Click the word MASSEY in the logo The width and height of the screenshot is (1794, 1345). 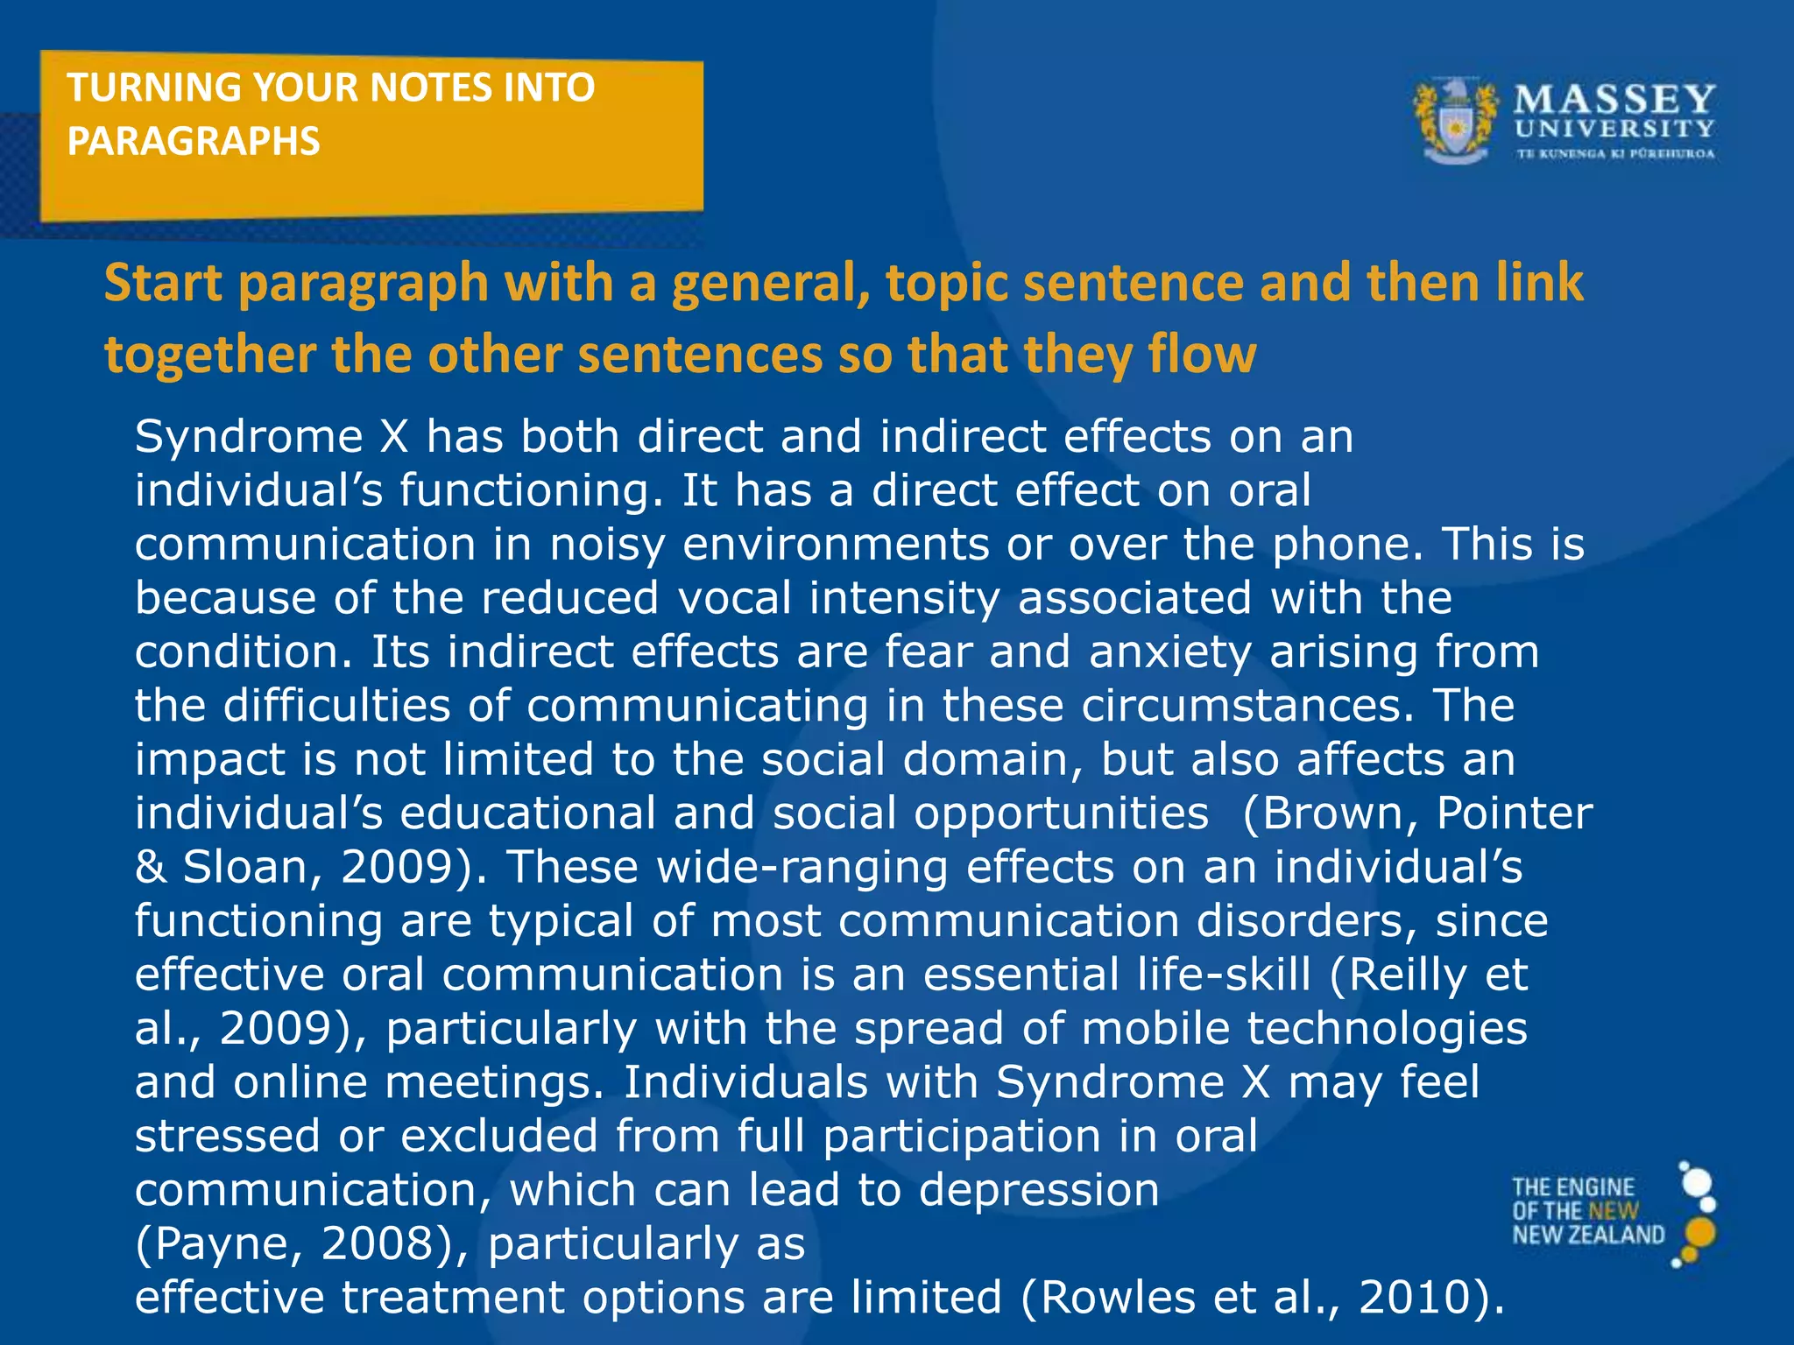coord(1614,99)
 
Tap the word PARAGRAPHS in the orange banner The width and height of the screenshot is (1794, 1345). coord(194,142)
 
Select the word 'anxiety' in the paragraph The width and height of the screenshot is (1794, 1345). coord(1170,652)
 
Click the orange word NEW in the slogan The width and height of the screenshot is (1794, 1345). coord(1614,1211)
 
